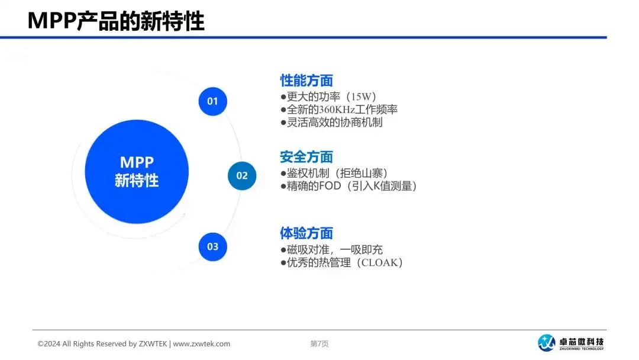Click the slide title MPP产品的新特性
116,21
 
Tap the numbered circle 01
213,101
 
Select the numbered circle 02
242,176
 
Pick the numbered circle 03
213,247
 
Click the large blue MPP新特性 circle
137,172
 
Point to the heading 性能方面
306,81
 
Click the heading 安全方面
306,157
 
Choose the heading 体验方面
306,233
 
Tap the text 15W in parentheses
362,97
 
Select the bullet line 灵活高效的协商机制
331,123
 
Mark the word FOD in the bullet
330,186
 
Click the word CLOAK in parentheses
379,262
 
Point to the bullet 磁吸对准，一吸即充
331,249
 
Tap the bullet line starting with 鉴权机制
334,173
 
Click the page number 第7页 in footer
319,343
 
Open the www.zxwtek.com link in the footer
202,343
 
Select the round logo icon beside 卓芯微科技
547,342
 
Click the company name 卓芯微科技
582,342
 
